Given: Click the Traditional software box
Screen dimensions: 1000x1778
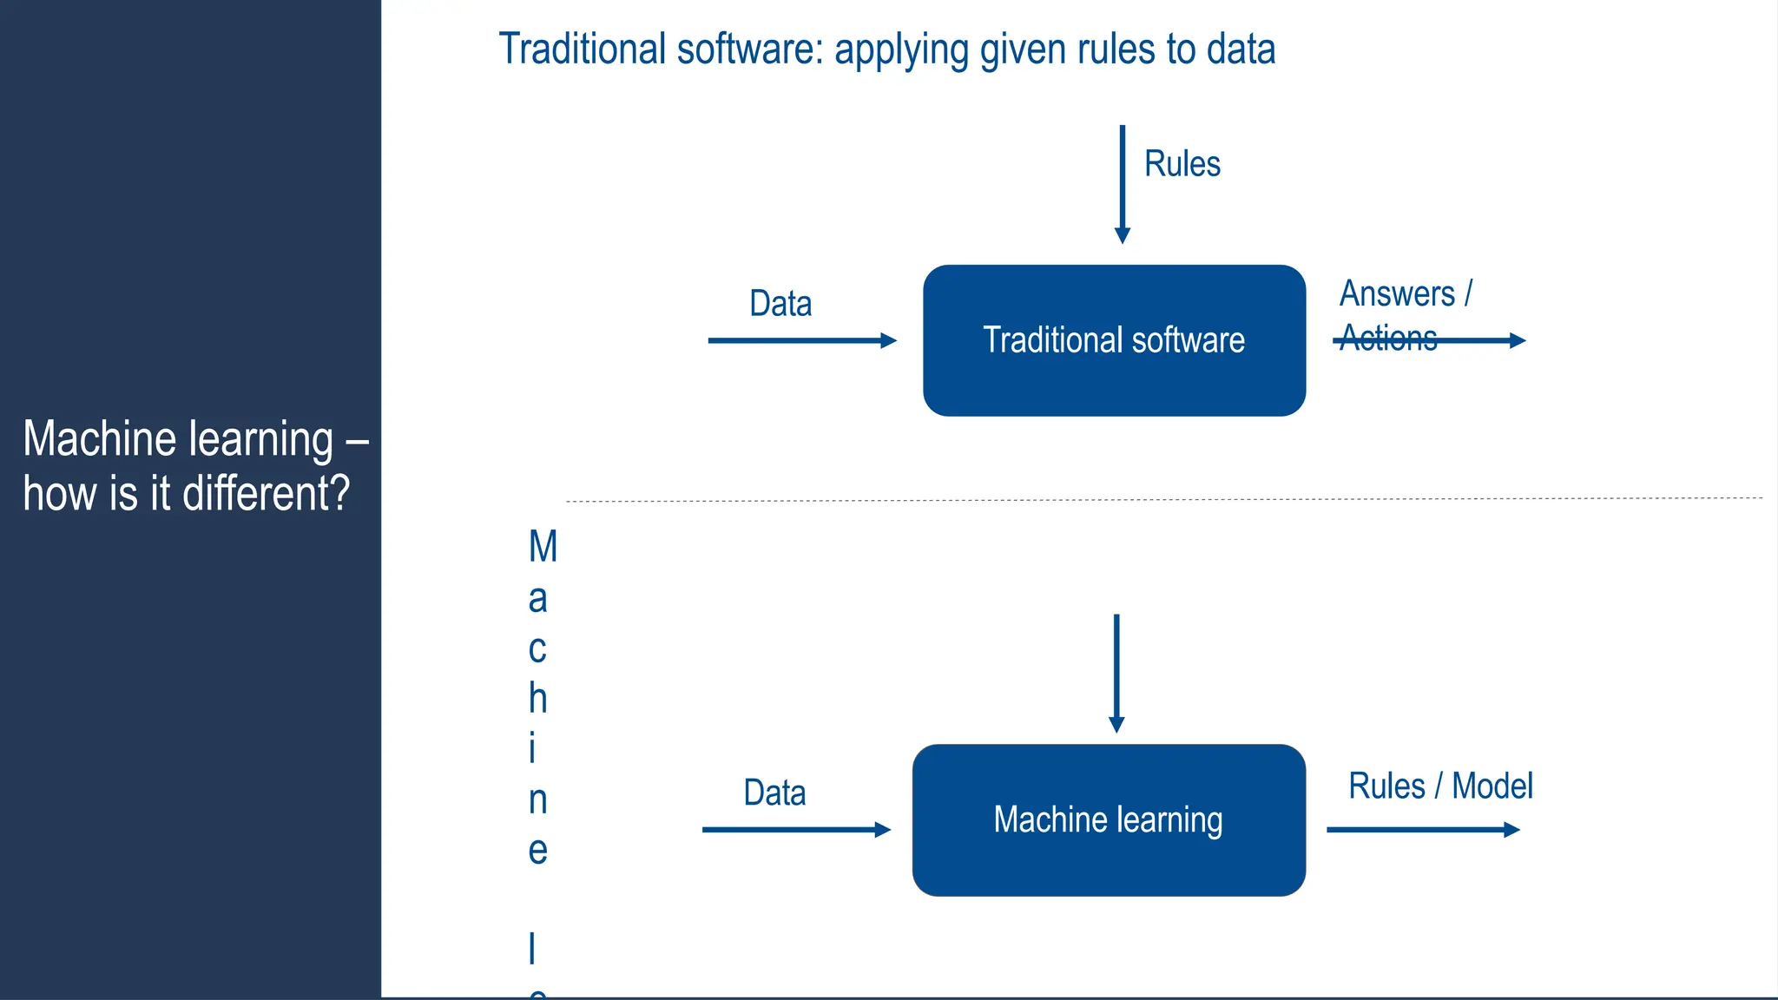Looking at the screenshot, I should pyautogui.click(x=1114, y=340).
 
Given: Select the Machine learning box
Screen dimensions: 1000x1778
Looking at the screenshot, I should pyautogui.click(x=1109, y=819).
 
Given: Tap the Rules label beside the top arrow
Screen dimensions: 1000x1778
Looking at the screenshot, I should pyautogui.click(x=1182, y=164).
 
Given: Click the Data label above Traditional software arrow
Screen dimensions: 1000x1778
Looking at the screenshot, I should pyautogui.click(x=780, y=304).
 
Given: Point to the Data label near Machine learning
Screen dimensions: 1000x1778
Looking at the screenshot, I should pyautogui.click(x=774, y=793).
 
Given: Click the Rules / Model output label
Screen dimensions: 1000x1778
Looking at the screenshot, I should pyautogui.click(x=1440, y=786).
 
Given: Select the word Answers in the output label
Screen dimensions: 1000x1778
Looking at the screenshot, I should pyautogui.click(x=1397, y=293).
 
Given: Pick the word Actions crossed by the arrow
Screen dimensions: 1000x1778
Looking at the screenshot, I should pyautogui.click(x=1388, y=338).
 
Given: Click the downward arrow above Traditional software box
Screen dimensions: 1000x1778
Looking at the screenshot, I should pyautogui.click(x=1122, y=184).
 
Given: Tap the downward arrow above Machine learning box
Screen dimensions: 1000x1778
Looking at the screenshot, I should pyautogui.click(x=1116, y=673).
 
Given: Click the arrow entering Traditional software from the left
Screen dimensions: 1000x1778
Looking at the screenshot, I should pyautogui.click(x=801, y=340).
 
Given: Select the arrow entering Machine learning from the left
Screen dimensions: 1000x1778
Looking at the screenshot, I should pyautogui.click(x=796, y=830).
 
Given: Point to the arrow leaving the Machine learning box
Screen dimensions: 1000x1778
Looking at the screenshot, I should pyautogui.click(x=1423, y=830).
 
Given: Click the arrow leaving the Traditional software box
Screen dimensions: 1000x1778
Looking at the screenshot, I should pyautogui.click(x=1476, y=340).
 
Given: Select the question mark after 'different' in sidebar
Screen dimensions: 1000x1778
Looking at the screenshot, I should pyautogui.click(x=339, y=493).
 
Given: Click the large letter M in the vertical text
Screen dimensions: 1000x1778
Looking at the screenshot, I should pyautogui.click(x=543, y=547).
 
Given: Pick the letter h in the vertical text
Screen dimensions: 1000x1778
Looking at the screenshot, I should pyautogui.click(x=538, y=698).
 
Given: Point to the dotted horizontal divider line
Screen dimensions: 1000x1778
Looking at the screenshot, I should pyautogui.click(x=1163, y=500).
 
